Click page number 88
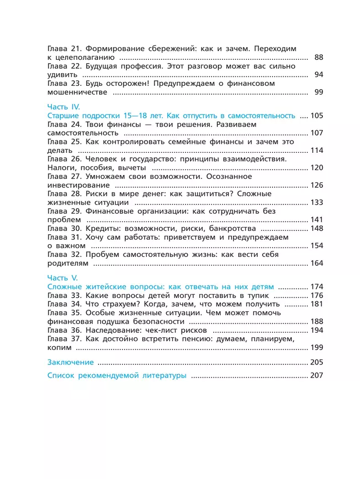coord(318,58)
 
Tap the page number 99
coord(318,92)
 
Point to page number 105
coord(316,116)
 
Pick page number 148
coord(316,228)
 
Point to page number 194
coord(316,330)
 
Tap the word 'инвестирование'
coord(78,185)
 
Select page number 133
coord(316,202)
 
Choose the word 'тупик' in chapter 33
coord(256,296)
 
